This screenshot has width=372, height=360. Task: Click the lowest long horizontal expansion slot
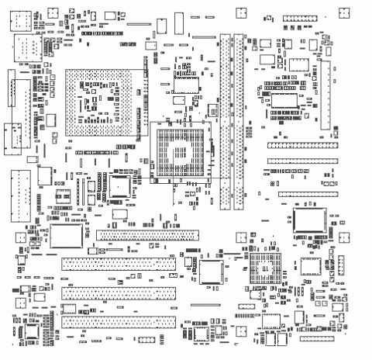(118, 320)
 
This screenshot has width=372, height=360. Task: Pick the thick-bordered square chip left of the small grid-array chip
(211, 268)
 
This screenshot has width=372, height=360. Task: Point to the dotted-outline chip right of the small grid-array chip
(311, 267)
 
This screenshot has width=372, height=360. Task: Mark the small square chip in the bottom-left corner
(33, 332)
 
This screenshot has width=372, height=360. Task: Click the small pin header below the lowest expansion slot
(146, 341)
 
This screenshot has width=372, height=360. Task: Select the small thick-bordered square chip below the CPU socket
(119, 186)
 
